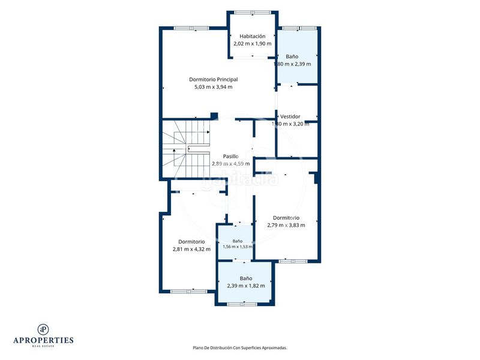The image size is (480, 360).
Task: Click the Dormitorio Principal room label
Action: (x=214, y=79)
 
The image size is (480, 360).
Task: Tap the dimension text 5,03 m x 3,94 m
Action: (x=214, y=87)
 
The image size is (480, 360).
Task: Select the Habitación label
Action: (x=252, y=36)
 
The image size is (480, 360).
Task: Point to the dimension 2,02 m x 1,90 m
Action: (x=252, y=43)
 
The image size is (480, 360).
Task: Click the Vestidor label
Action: (x=290, y=116)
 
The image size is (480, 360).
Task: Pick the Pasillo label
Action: (x=230, y=157)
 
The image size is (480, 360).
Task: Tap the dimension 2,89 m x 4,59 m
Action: (x=230, y=164)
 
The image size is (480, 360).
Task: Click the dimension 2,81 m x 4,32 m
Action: (x=191, y=249)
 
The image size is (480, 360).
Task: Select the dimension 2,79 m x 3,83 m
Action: (x=286, y=226)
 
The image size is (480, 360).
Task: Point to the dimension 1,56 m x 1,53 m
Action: (x=238, y=247)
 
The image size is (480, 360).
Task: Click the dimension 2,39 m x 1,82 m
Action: (x=246, y=286)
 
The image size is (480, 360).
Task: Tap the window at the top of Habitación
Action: (x=253, y=13)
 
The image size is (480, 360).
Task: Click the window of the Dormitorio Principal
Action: (x=191, y=28)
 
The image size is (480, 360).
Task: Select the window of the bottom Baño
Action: (x=242, y=304)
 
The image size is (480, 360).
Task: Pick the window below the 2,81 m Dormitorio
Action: (x=188, y=292)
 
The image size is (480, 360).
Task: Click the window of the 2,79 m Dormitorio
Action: (x=293, y=261)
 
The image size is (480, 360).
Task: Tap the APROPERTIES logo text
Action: (x=43, y=340)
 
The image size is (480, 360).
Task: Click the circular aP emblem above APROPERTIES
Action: (x=43, y=329)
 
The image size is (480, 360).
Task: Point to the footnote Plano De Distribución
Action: (x=239, y=348)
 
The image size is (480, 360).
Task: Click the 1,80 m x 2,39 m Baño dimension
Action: (x=292, y=64)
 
